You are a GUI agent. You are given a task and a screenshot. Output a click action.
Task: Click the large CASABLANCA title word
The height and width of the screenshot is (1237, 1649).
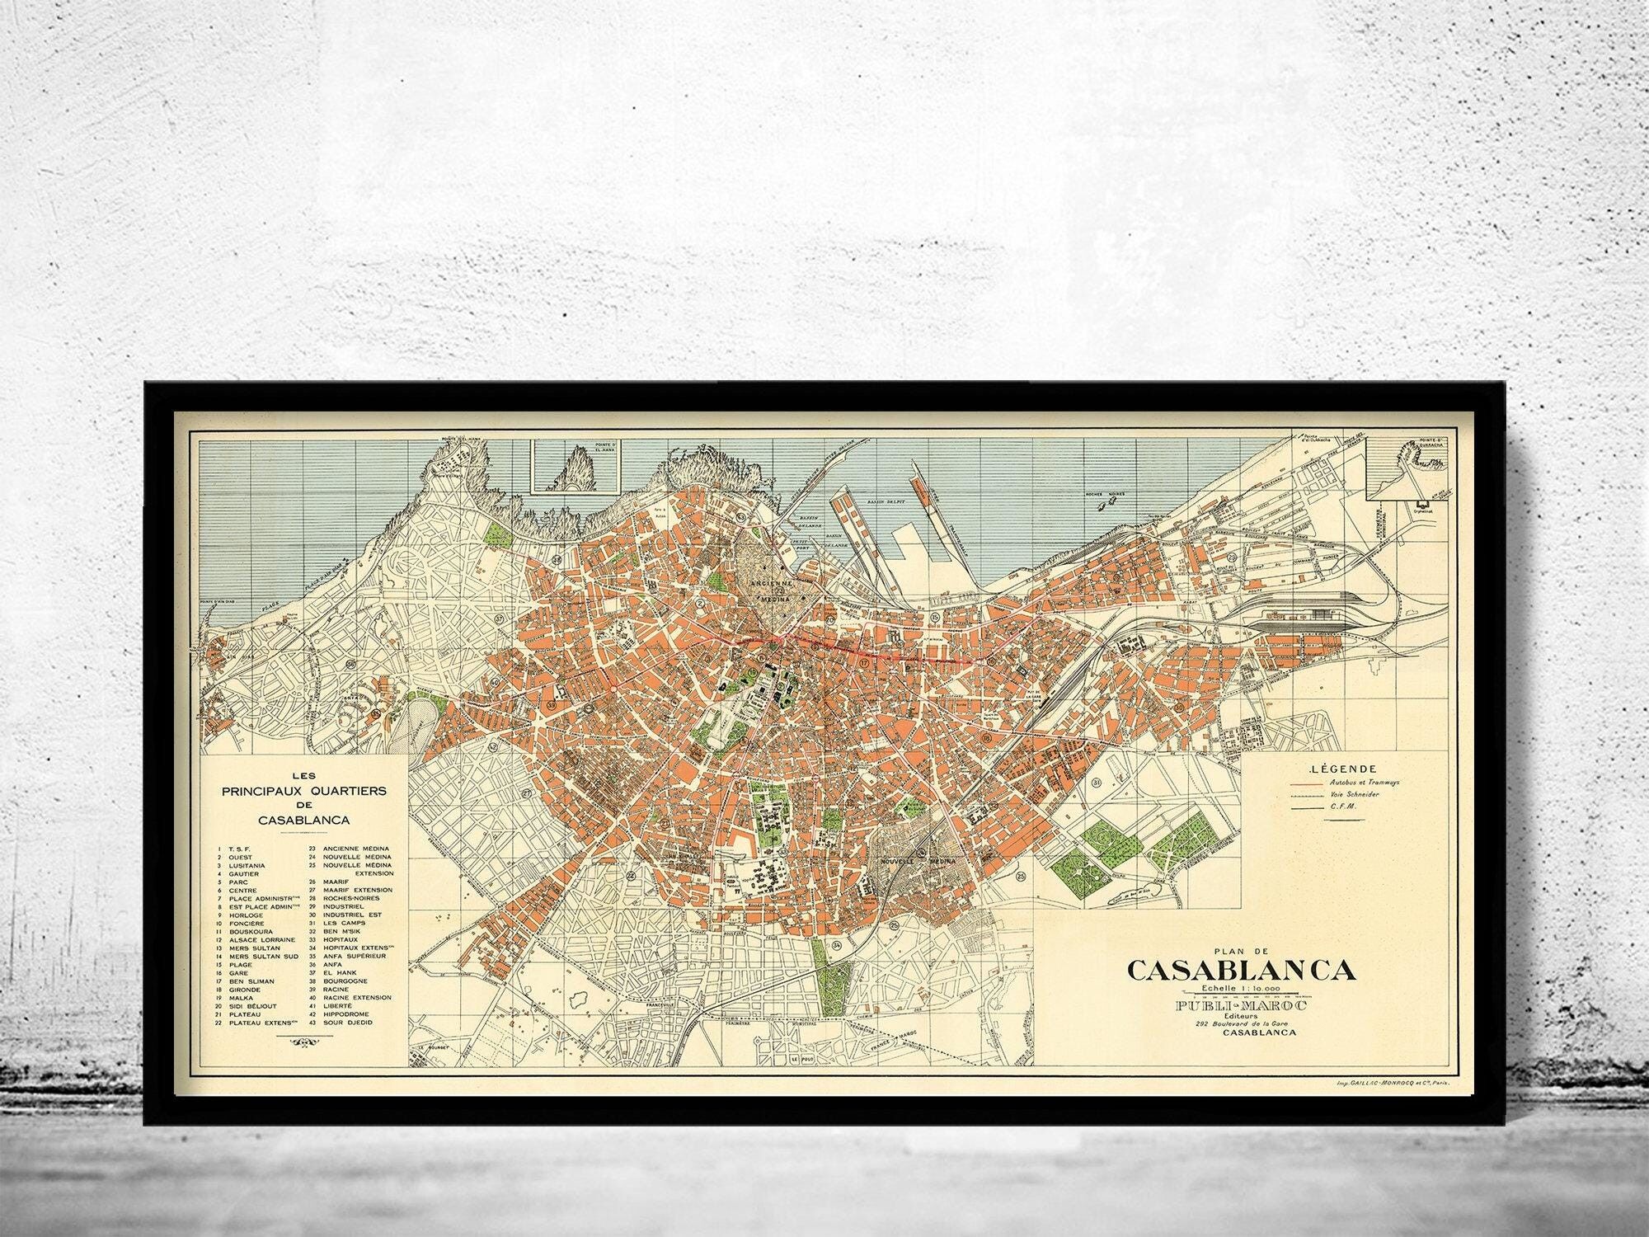(1241, 970)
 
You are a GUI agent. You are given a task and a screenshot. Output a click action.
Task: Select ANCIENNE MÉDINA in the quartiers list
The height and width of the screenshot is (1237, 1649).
(356, 848)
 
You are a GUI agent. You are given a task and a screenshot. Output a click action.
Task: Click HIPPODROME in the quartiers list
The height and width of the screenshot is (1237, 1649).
(346, 1014)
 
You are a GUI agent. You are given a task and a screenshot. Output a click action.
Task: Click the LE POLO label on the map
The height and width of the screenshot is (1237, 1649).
(797, 1058)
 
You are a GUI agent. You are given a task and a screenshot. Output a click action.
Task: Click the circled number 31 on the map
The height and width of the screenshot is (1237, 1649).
(1096, 782)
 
